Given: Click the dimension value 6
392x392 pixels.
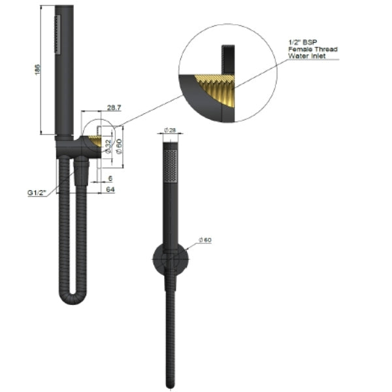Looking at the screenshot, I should tap(111, 178).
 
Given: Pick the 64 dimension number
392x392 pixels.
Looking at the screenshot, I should tap(111, 189).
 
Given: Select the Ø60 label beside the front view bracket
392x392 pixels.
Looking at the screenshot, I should tap(204, 240).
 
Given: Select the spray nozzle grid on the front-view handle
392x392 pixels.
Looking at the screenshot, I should tap(172, 166).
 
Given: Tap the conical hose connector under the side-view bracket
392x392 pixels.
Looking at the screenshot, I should tap(81, 172).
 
